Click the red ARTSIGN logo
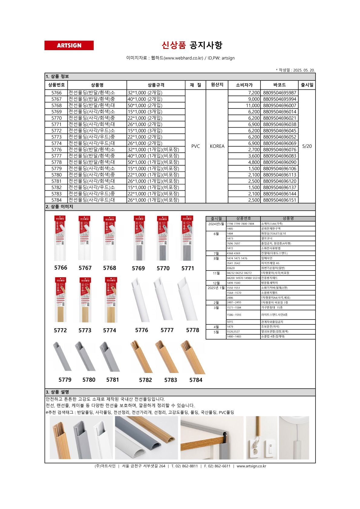pos(69,45)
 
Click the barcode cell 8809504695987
pos(280,93)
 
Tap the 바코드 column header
pos(279,85)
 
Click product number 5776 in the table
pos(56,150)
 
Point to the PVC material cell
pos(195,146)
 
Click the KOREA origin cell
pos(217,146)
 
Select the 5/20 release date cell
pos(307,146)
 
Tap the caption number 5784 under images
pos(196,380)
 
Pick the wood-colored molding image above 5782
pos(141,357)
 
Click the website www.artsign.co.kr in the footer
pos(251,466)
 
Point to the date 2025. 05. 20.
pos(304,70)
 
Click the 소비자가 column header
pos(244,85)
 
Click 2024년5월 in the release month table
pos(216,224)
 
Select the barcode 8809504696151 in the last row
pos(280,200)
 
